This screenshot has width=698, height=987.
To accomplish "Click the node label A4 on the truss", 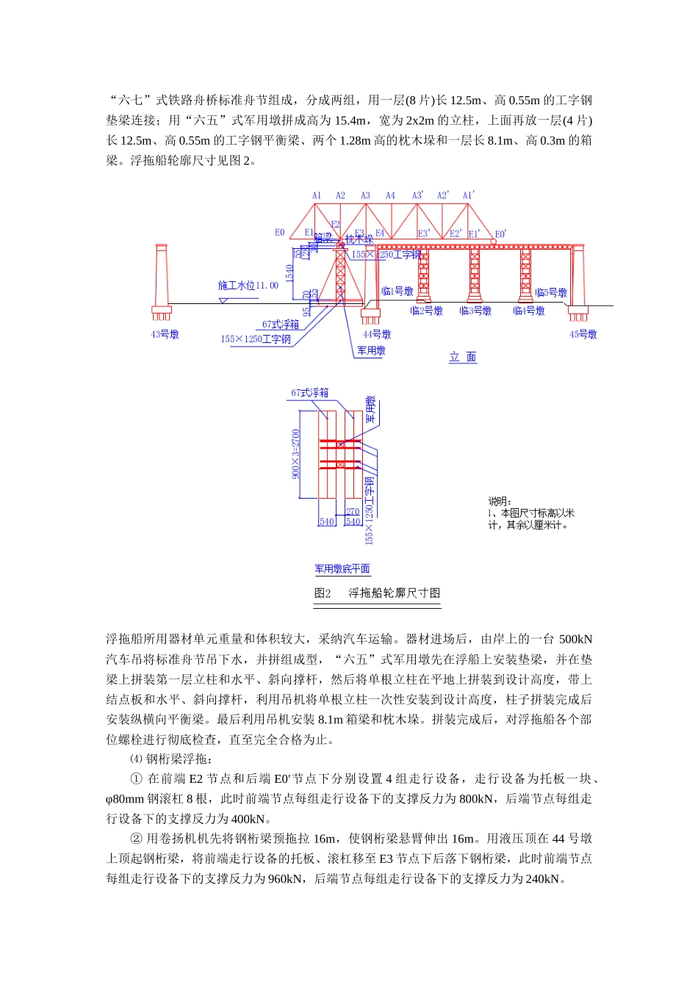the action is click(390, 195).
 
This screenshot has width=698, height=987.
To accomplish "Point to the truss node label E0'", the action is click(500, 234).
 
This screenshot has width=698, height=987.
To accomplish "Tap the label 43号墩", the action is click(165, 334).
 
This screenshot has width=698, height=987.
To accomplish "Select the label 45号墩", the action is click(583, 334).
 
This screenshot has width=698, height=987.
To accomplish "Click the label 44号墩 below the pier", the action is click(377, 334).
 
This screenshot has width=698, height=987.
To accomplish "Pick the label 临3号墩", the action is click(475, 311).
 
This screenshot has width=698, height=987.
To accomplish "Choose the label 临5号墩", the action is click(551, 292).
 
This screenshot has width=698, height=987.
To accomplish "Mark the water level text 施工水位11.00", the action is click(248, 285).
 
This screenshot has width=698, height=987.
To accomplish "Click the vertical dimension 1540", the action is click(289, 273).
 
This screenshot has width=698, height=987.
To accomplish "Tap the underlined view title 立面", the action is click(463, 357).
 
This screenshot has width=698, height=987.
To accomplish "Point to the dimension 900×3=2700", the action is click(296, 454).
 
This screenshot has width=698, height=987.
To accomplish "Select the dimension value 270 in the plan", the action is click(353, 512).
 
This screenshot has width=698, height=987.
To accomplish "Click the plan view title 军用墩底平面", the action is click(342, 568).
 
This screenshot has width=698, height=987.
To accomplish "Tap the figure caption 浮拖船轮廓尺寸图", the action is click(394, 593).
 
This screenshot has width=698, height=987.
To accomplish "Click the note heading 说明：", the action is click(500, 502).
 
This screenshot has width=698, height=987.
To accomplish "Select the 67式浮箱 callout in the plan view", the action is click(310, 393).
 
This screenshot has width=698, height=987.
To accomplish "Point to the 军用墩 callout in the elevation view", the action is click(372, 350).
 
